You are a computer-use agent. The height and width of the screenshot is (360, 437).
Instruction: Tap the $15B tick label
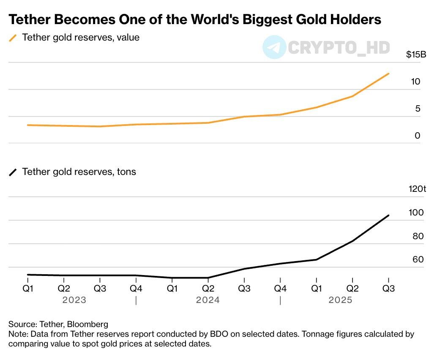tap(413, 55)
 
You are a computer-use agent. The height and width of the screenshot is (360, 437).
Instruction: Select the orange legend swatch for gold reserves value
tap(13, 38)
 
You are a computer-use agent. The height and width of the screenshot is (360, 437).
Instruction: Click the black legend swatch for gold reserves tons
tap(13, 172)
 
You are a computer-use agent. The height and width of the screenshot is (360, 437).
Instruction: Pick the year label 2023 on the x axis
tap(74, 300)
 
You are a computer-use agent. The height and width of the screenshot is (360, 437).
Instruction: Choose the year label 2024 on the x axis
tap(208, 300)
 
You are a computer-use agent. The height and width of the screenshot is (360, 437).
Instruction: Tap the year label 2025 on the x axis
tap(340, 300)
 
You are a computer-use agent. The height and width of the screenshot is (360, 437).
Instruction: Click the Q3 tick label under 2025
tap(388, 289)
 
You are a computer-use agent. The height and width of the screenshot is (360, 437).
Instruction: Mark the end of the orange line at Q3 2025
tap(388, 74)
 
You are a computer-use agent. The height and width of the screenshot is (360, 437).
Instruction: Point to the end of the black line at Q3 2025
tap(388, 215)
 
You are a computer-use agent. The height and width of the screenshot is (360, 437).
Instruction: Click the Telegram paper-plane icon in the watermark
tap(274, 47)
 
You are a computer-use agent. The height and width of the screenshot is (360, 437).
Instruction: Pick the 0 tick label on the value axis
tap(418, 136)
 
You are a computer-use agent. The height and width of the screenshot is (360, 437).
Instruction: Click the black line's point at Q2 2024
tap(208, 278)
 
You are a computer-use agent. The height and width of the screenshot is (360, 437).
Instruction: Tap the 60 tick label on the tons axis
tap(418, 259)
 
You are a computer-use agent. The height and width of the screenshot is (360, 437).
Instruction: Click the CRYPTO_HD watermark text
tap(338, 47)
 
